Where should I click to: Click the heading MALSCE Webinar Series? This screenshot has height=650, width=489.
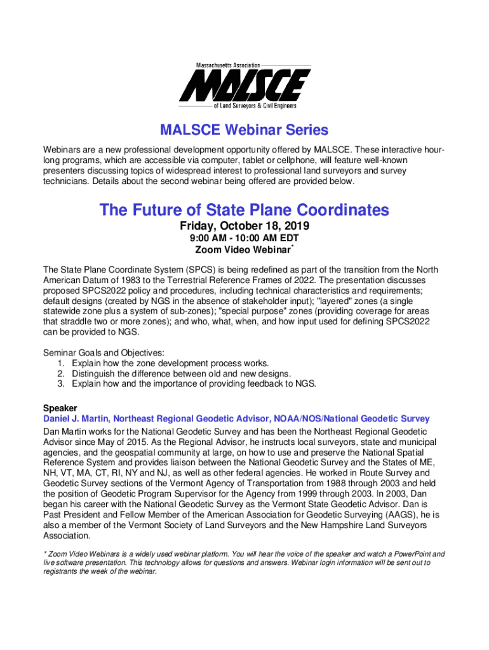coord(245,131)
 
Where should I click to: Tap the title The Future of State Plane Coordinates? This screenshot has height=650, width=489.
coord(245,210)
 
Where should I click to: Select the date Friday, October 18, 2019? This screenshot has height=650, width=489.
coord(245,227)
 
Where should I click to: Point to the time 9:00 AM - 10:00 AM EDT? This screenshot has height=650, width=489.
coord(245,239)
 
